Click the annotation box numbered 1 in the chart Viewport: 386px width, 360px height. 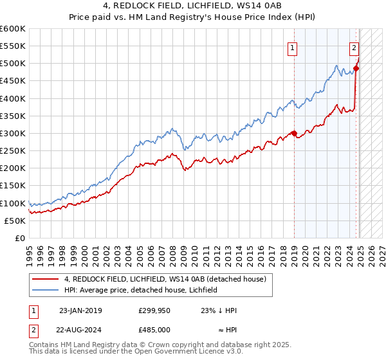coord(293,47)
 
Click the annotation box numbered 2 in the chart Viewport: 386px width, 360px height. coord(354,47)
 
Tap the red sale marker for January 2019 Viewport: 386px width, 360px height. coord(294,134)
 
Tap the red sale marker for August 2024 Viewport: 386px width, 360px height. coord(356,69)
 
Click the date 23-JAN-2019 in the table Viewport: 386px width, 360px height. coord(80,310)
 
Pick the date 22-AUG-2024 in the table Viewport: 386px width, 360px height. coord(80,328)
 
